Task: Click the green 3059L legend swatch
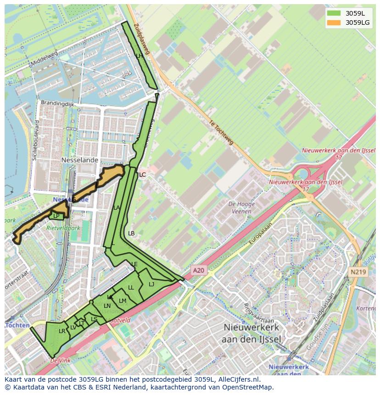[334, 13]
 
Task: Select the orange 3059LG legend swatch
[334, 22]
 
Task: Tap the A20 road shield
[198, 271]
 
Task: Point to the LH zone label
[140, 56]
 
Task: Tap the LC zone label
[142, 175]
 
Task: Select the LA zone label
[117, 208]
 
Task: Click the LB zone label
[131, 234]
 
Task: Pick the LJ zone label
[151, 284]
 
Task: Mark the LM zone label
[123, 301]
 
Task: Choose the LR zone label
[62, 331]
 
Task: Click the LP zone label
[56, 216]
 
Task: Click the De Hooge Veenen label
[239, 208]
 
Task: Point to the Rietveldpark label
[63, 227]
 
